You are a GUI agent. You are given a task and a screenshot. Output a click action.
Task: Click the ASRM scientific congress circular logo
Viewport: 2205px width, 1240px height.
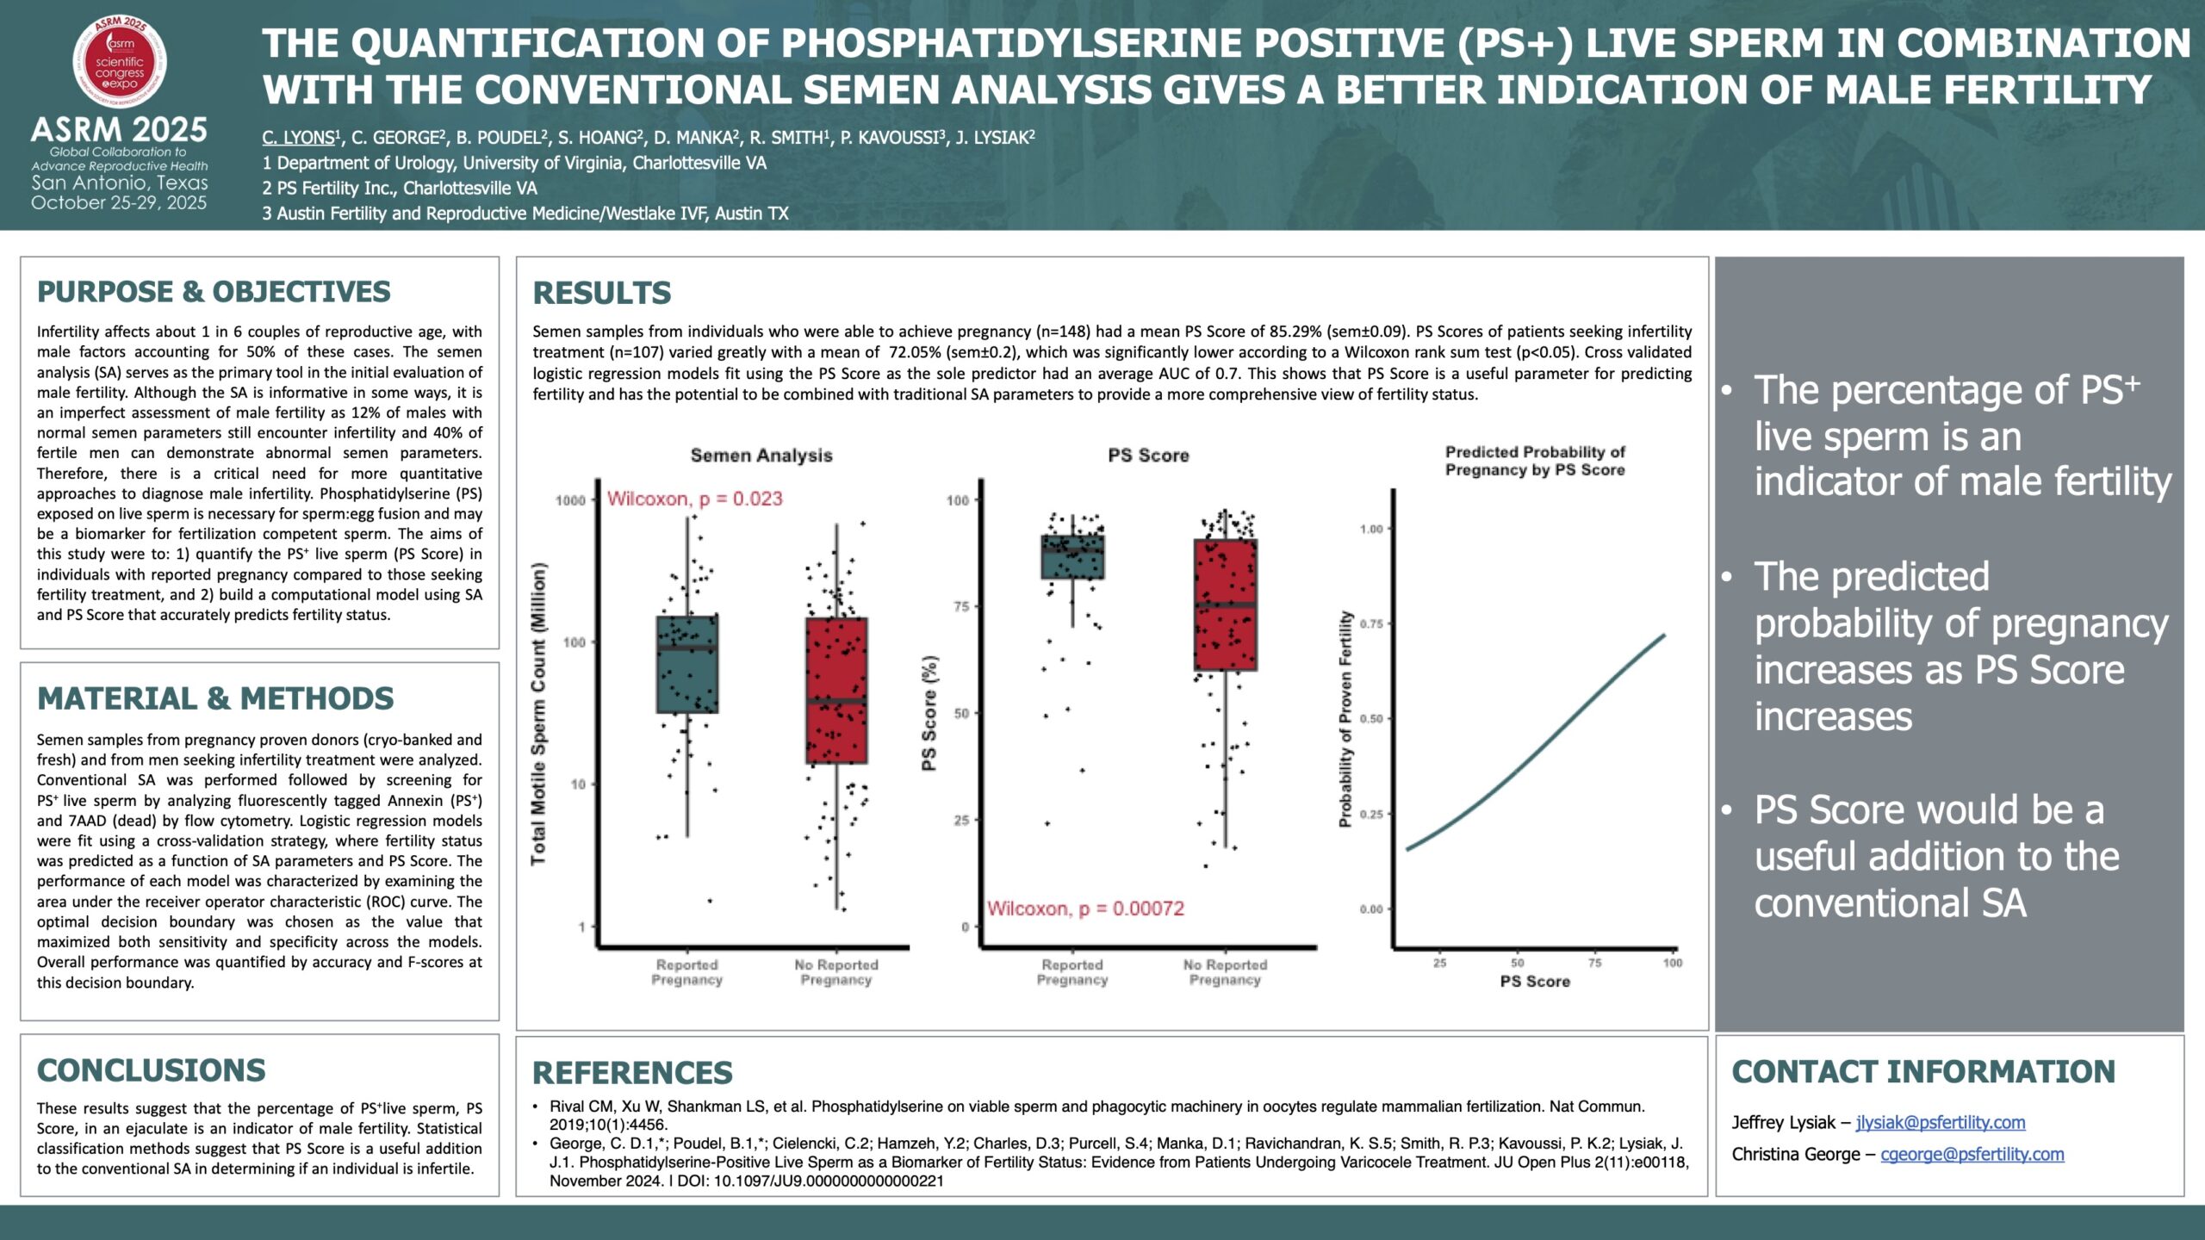[x=120, y=62]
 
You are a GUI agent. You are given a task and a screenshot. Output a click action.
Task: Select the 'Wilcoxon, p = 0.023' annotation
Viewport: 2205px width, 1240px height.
[x=694, y=499]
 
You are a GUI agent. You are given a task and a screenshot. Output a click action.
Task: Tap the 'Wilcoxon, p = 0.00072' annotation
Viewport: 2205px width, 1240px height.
[x=1085, y=908]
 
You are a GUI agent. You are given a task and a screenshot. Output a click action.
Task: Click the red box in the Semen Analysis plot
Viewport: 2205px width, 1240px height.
[x=836, y=690]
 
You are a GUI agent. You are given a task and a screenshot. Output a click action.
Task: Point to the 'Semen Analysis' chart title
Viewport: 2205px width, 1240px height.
[x=761, y=456]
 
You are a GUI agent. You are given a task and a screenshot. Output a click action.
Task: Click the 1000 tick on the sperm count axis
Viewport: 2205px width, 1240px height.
[x=570, y=500]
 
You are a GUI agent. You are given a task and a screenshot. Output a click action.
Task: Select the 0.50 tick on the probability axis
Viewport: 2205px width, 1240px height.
[x=1371, y=719]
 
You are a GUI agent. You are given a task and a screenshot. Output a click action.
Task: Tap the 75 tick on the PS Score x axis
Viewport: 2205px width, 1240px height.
[x=1595, y=963]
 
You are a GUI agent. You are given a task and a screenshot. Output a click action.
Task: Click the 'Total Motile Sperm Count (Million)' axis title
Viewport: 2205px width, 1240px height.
[x=538, y=713]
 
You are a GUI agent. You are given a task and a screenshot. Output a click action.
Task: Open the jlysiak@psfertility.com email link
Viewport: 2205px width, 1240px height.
[x=1941, y=1122]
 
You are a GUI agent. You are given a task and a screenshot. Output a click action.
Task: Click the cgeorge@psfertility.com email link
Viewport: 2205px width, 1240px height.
[x=1972, y=1154]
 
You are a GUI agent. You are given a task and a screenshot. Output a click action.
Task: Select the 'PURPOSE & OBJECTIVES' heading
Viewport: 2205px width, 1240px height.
[x=214, y=292]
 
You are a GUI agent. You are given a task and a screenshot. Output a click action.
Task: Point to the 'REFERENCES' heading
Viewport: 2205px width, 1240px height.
[x=632, y=1073]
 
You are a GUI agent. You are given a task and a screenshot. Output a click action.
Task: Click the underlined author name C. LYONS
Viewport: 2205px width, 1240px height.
[x=298, y=138]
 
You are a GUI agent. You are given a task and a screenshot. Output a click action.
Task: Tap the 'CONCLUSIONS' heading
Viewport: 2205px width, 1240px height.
[x=152, y=1070]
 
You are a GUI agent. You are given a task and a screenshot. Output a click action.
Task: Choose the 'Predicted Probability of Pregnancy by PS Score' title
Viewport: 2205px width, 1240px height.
[x=1535, y=461]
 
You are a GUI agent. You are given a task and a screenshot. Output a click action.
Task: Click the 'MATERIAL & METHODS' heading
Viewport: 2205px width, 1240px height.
[x=215, y=698]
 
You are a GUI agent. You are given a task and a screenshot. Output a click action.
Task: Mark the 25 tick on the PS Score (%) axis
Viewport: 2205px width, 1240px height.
[x=961, y=821]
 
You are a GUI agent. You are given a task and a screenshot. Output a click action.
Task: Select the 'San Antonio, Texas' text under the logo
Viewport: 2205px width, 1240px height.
[x=120, y=183]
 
